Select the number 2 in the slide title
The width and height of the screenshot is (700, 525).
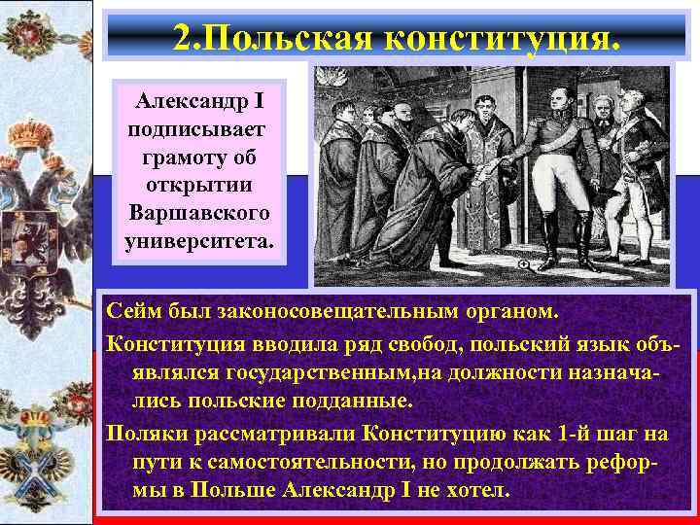(182, 37)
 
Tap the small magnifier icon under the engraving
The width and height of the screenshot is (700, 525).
(524, 264)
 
